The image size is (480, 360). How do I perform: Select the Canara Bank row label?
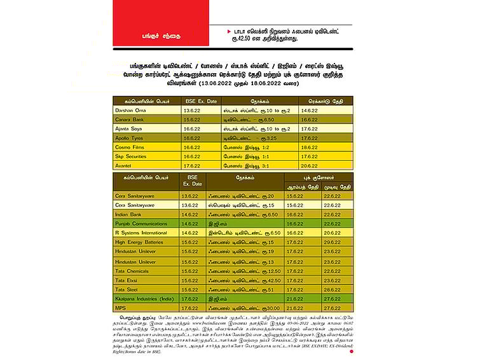coord(129,120)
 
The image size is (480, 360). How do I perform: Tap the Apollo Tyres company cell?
coord(130,137)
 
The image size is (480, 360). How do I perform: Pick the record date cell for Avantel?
coord(309,165)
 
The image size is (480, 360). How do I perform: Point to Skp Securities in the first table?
coord(131,156)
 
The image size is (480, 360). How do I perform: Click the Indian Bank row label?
coord(128,215)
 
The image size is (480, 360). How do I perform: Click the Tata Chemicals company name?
coord(132,270)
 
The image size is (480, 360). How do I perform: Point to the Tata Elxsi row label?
coord(127,280)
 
